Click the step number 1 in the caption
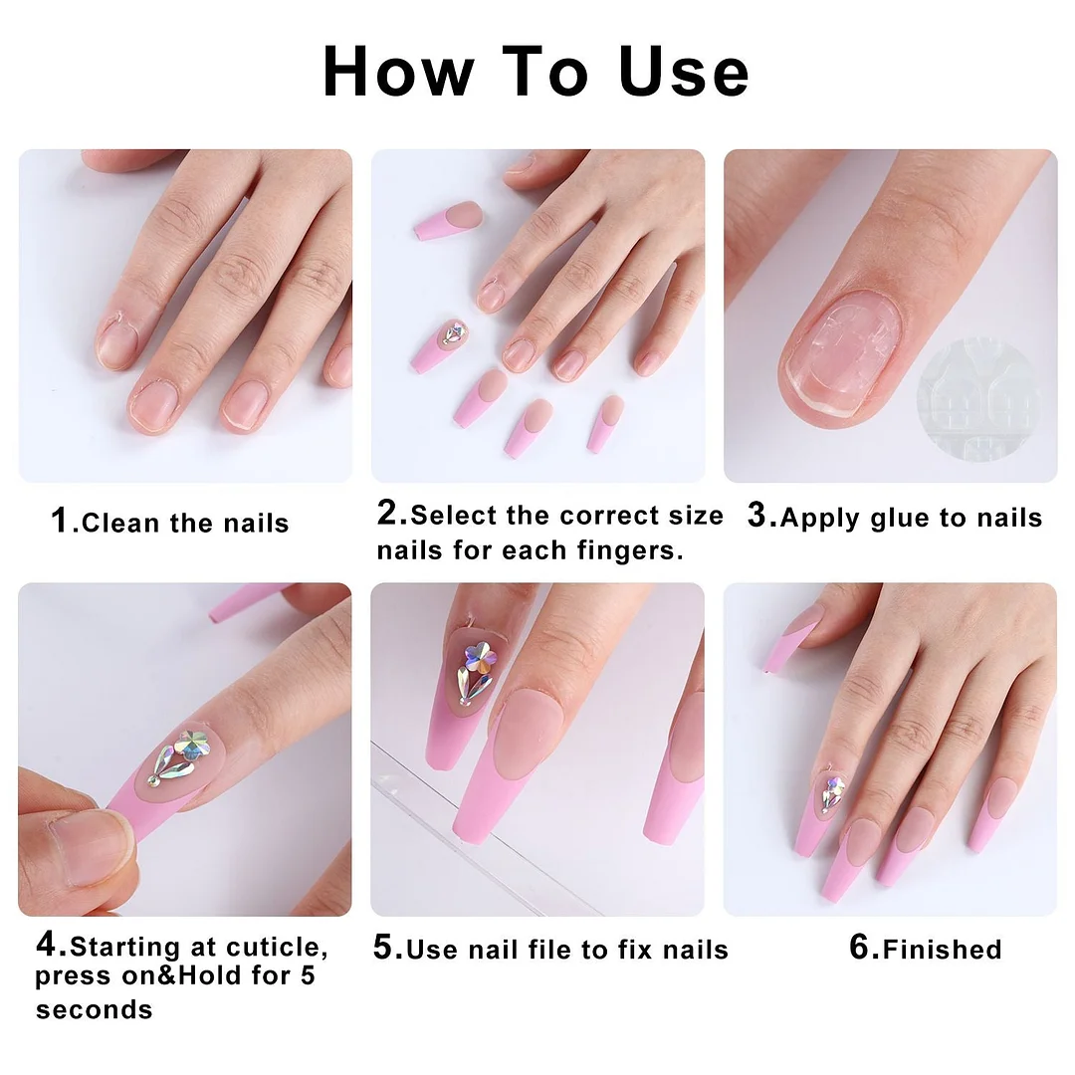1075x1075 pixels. click(x=60, y=520)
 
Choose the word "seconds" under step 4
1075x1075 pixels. click(x=95, y=1009)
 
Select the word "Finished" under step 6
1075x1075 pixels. click(x=942, y=950)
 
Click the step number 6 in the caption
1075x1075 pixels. click(x=862, y=948)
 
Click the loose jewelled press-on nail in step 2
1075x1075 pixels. click(x=439, y=345)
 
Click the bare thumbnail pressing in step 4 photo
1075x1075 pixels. click(x=80, y=847)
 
